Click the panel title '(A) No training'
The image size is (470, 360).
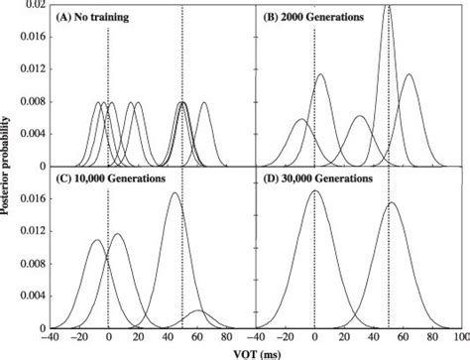coord(96,17)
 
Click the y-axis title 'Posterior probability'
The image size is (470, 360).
coord(9,167)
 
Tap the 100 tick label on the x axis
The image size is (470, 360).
coord(461,337)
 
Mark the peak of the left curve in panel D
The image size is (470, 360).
coord(314,191)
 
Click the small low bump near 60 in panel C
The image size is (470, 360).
coord(196,311)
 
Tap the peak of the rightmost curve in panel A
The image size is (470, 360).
coord(203,102)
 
